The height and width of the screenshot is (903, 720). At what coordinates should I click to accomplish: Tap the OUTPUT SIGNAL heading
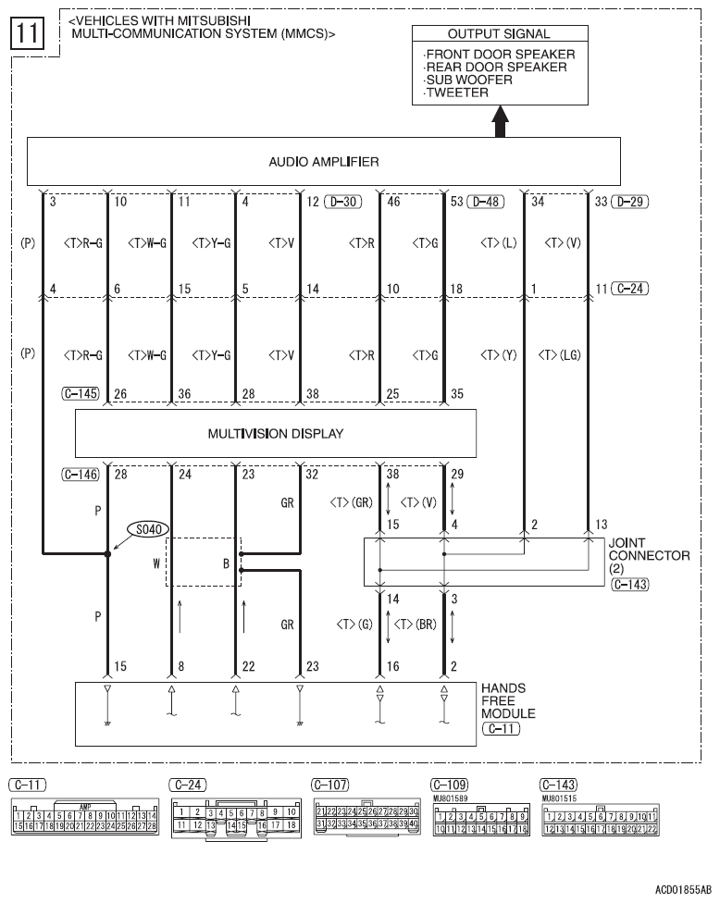click(499, 34)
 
